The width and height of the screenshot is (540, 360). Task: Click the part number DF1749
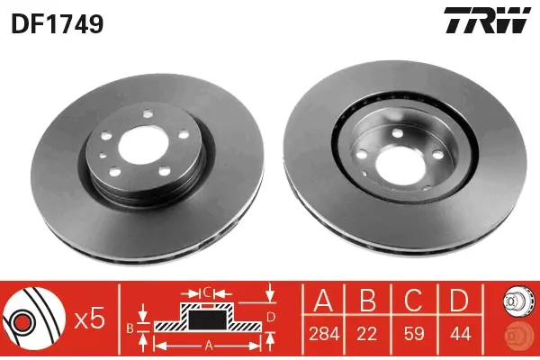(58, 24)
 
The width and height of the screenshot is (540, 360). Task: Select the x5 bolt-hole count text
(89, 319)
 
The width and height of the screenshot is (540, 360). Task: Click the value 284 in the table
(324, 334)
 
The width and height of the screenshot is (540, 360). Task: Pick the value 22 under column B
(367, 334)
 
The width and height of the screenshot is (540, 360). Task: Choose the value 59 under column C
(414, 334)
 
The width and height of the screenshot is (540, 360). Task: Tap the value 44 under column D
(460, 334)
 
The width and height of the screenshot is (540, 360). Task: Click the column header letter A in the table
(324, 301)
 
